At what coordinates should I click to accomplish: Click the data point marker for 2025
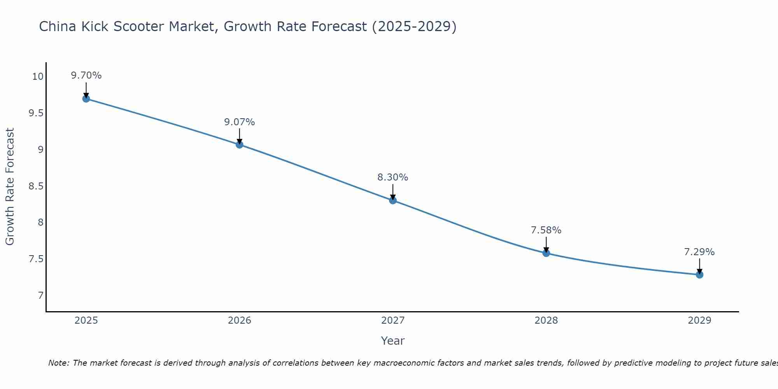86,99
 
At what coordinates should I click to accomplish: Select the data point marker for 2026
240,145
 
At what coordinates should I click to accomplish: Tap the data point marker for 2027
393,200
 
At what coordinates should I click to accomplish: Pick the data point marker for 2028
546,253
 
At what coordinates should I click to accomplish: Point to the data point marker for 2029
699,275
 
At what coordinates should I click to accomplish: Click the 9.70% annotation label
86,75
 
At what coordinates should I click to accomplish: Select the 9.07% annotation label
240,122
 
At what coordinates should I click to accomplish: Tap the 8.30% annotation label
393,177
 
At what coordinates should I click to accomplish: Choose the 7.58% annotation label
546,230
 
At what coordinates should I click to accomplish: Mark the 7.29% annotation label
699,252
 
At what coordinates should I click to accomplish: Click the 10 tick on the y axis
38,77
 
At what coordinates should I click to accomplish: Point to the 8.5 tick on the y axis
36,186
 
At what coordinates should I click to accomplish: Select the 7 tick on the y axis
40,296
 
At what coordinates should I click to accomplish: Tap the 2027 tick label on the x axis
393,321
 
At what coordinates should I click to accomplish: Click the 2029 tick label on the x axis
699,321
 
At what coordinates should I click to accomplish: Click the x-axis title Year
393,341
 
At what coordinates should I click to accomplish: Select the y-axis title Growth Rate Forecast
10,187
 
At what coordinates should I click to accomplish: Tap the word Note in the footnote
58,363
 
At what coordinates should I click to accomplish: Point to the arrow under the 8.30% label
393,192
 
